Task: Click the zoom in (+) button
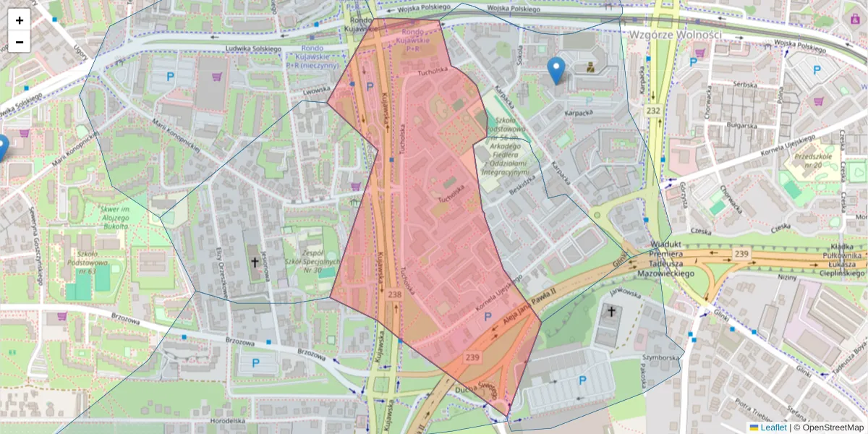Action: [x=20, y=20]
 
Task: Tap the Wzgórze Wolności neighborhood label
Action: [x=676, y=35]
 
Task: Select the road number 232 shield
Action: [x=654, y=111]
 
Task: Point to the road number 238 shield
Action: [x=394, y=294]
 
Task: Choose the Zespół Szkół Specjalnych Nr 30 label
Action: [x=312, y=261]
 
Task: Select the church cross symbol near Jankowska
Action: [x=611, y=312]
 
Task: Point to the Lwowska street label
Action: [x=316, y=91]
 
